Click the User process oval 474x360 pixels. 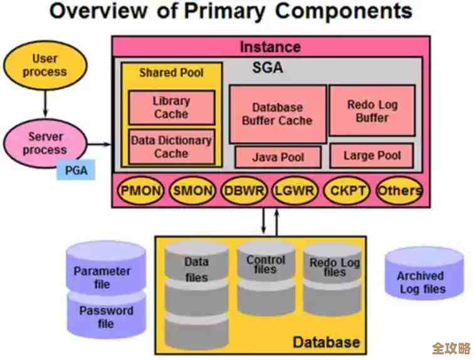pos(45,65)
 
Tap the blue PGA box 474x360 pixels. pos(76,169)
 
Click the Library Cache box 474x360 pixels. pos(171,107)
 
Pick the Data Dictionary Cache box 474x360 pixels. pos(171,147)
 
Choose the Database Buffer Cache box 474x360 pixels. pos(276,114)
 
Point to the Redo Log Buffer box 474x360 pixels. pos(372,111)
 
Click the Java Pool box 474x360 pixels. pos(277,157)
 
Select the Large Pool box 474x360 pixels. pos(372,156)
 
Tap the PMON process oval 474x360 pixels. pos(140,191)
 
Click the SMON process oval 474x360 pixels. pos(192,191)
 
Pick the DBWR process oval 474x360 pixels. pos(245,191)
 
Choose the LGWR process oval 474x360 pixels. pos(296,191)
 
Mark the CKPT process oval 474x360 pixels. pos(347,191)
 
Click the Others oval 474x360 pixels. pos(399,191)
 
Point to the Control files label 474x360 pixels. pos(265,264)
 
